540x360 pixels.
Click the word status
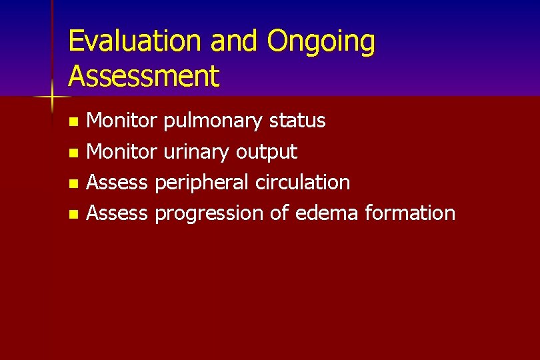[297, 121]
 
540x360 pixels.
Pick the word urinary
[196, 153]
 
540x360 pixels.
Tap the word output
[266, 153]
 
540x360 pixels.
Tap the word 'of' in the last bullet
[279, 213]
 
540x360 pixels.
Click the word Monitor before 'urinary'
[122, 151]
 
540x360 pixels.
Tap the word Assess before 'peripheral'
[117, 182]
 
